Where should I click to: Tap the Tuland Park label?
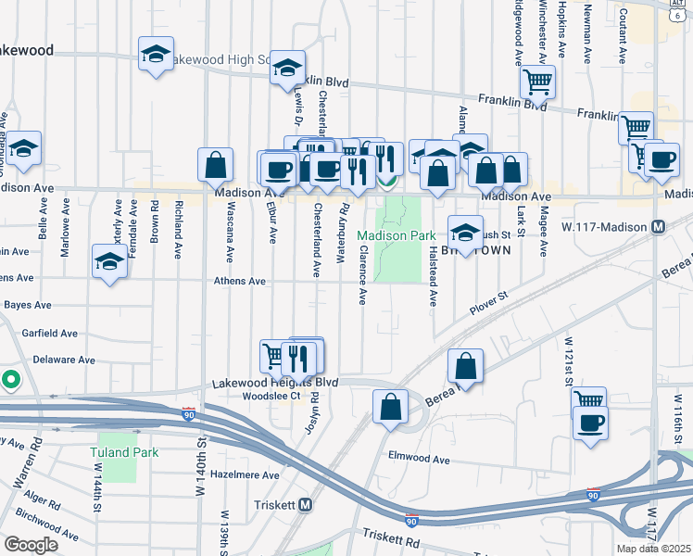tap(125, 453)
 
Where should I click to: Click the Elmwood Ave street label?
tap(419, 459)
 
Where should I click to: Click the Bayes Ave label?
tap(27, 304)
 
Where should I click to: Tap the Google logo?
tap(31, 545)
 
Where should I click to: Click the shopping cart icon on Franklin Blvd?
tap(536, 82)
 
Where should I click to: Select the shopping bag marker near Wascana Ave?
tap(215, 164)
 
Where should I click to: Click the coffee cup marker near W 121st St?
tap(590, 424)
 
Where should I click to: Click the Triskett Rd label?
tap(391, 537)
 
